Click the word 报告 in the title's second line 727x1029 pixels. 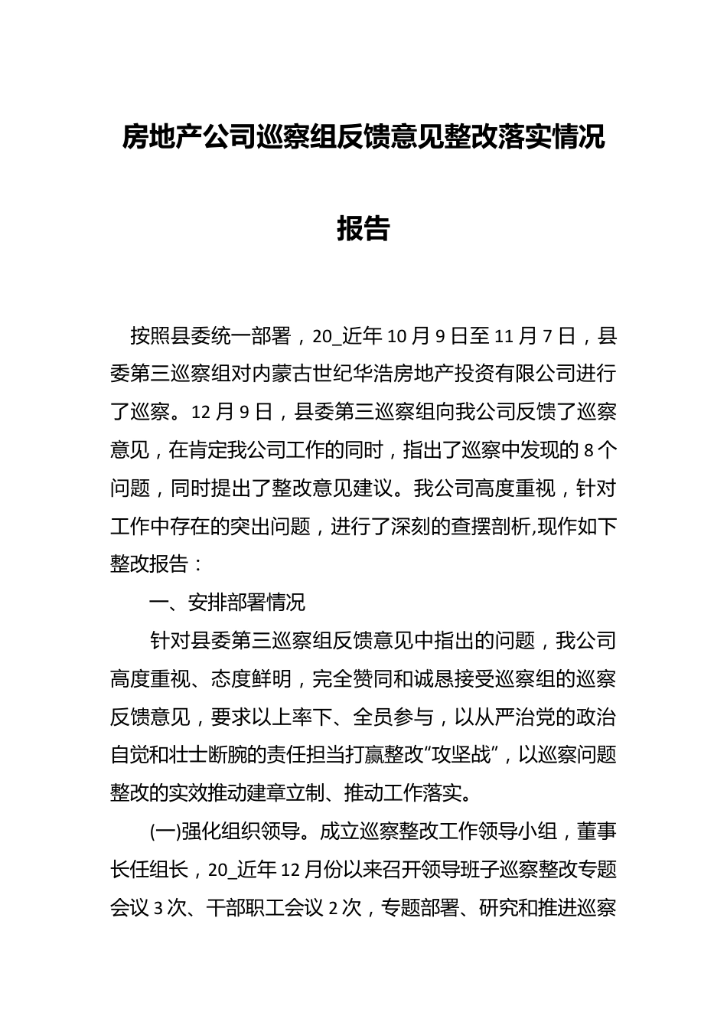pyautogui.click(x=363, y=228)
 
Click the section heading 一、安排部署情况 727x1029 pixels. pyautogui.click(x=227, y=603)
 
